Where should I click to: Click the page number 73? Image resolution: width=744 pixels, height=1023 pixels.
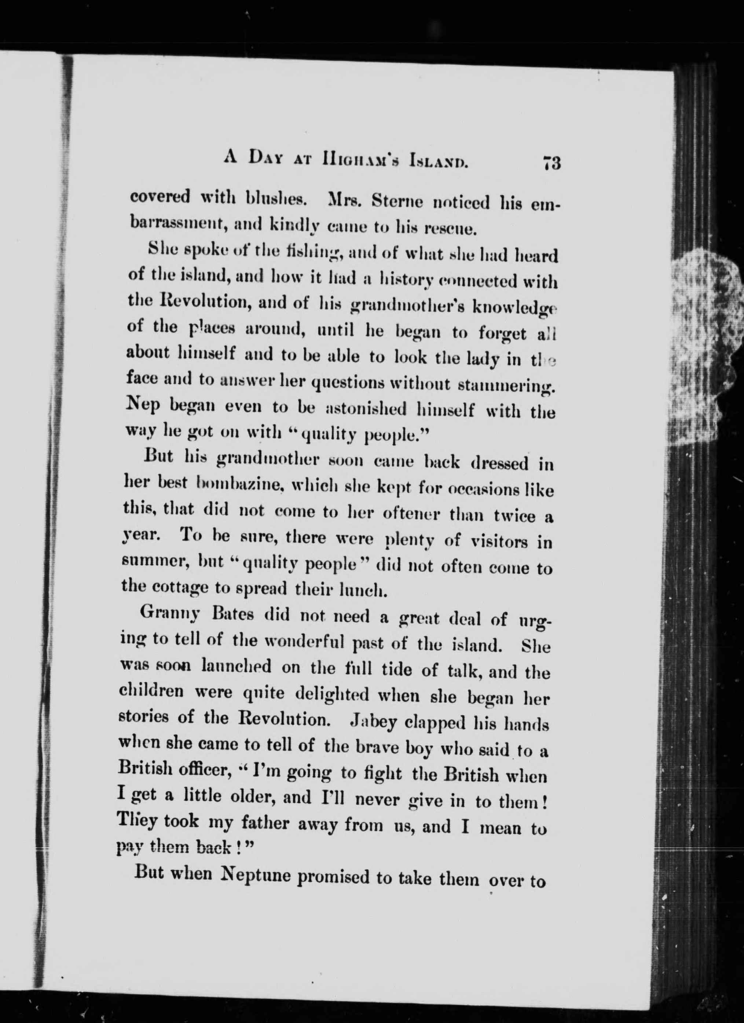point(551,163)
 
